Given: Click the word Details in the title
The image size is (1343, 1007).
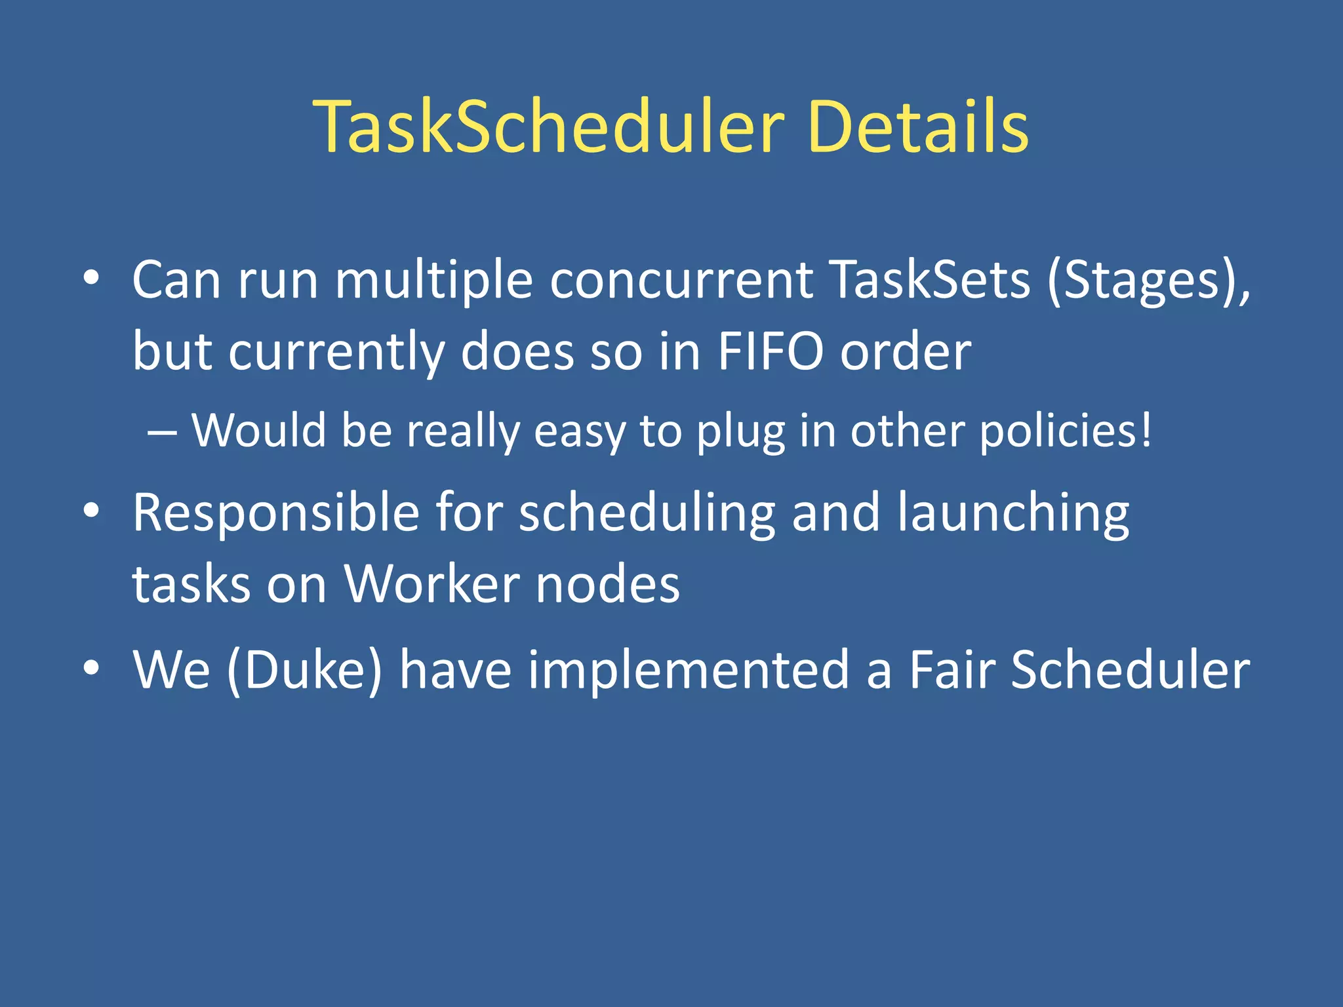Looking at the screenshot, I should click(x=918, y=127).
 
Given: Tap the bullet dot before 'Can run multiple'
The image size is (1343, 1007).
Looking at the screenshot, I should click(x=91, y=278).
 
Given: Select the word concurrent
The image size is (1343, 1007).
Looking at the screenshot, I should click(x=681, y=281).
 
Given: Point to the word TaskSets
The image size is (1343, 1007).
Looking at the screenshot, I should click(x=929, y=281).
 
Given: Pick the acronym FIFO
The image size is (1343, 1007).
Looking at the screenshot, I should click(x=771, y=352).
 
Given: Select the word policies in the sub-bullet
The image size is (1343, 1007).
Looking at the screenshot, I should click(x=1065, y=433).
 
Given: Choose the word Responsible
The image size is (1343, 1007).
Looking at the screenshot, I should click(x=275, y=513).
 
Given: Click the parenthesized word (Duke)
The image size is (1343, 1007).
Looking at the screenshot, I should click(x=304, y=670).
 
